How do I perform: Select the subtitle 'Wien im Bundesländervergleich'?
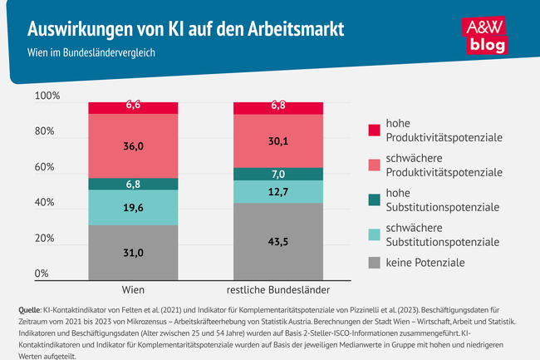(x=91, y=52)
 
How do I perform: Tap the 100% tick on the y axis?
(x=47, y=96)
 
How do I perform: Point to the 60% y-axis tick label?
(x=47, y=167)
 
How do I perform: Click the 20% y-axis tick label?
(x=47, y=238)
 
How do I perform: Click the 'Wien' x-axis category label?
(x=133, y=290)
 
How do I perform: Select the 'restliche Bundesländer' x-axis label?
(x=277, y=290)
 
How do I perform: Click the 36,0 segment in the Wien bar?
(x=133, y=146)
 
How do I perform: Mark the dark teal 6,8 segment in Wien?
(x=133, y=184)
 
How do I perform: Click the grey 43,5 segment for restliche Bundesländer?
(x=277, y=241)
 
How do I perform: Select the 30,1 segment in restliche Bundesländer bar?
(x=277, y=141)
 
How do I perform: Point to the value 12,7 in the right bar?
(x=277, y=192)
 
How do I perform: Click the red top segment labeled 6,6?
(x=133, y=106)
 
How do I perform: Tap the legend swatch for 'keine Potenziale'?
(x=375, y=263)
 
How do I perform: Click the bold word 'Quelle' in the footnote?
(x=31, y=310)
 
